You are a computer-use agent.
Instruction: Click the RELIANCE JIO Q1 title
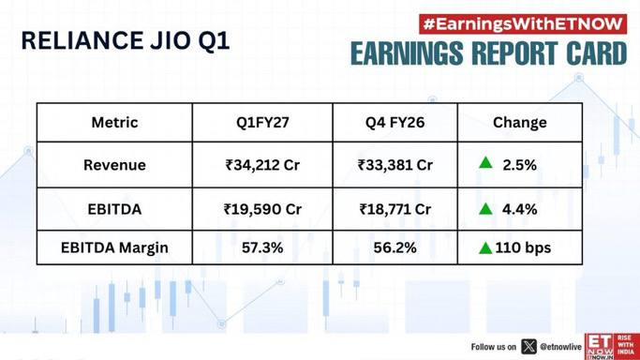pos(126,41)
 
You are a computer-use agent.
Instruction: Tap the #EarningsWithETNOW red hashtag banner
pos(523,24)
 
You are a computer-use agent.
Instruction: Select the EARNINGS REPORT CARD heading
pos(488,53)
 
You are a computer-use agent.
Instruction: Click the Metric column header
pos(114,123)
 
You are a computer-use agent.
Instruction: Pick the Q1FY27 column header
pos(262,123)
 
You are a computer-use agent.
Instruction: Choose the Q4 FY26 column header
pos(395,123)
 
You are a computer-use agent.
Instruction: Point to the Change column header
pos(520,123)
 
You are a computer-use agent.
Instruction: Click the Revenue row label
pos(114,165)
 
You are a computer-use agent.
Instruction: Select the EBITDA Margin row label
pos(114,247)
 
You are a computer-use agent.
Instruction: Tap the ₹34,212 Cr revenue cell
pos(262,165)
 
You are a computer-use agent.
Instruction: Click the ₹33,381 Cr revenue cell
pos(395,165)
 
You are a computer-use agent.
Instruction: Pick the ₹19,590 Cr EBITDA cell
pos(262,209)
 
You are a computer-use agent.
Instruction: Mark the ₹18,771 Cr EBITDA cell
pos(395,209)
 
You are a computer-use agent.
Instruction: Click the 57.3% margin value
pos(262,247)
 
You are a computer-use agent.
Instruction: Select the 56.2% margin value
pos(395,247)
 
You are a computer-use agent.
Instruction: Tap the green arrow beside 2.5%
pos(485,163)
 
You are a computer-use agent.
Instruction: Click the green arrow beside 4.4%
pos(485,209)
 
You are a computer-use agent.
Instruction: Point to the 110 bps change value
pos(523,247)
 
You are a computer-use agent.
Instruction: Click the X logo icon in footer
pos(529,347)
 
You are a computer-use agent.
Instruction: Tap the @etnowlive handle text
pos(560,347)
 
